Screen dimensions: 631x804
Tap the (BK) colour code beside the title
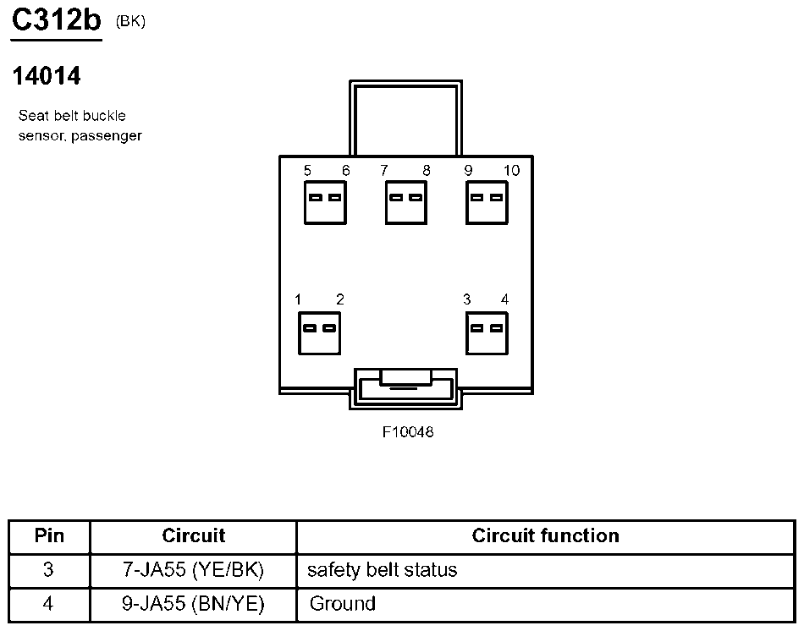pyautogui.click(x=130, y=22)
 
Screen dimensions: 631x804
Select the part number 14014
pyautogui.click(x=47, y=76)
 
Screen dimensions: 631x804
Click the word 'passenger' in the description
pyautogui.click(x=107, y=135)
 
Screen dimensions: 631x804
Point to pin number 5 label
pyautogui.click(x=307, y=171)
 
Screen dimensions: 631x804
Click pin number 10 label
pyautogui.click(x=511, y=171)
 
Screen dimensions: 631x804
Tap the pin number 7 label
pyautogui.click(x=384, y=171)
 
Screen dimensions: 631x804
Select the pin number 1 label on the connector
pyautogui.click(x=299, y=299)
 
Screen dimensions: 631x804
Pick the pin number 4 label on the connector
pyautogui.click(x=504, y=299)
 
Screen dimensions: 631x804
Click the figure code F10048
pyautogui.click(x=408, y=432)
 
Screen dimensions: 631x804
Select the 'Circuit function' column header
pyautogui.click(x=545, y=535)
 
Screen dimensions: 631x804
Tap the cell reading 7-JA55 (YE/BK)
pyautogui.click(x=194, y=570)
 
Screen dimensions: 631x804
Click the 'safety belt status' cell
pyautogui.click(x=382, y=570)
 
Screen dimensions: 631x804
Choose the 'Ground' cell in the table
pyautogui.click(x=343, y=604)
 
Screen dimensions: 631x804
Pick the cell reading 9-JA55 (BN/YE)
pyautogui.click(x=194, y=604)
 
